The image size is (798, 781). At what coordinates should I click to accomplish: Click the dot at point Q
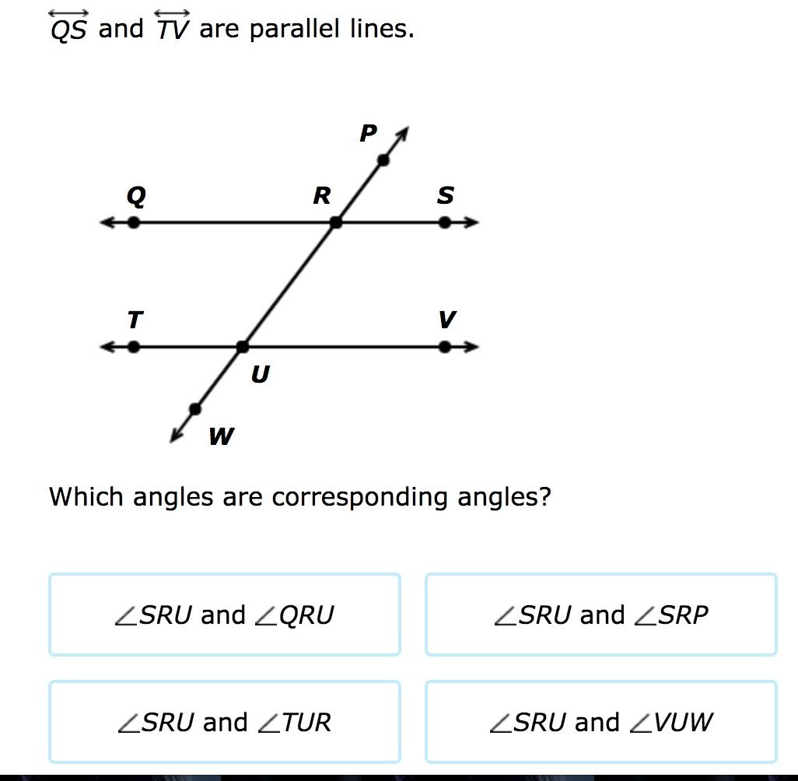click(x=134, y=222)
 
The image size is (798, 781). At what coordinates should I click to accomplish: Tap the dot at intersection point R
click(x=336, y=222)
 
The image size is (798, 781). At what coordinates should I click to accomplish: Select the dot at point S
click(x=444, y=222)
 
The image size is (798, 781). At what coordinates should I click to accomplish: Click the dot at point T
click(x=134, y=347)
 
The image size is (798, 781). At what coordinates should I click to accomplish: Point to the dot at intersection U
click(x=243, y=347)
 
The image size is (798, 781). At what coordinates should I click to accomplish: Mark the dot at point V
click(x=444, y=347)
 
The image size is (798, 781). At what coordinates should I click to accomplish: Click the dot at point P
click(x=383, y=160)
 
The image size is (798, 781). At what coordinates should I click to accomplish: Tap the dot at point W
click(x=195, y=408)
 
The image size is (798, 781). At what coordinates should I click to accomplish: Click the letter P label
click(x=368, y=134)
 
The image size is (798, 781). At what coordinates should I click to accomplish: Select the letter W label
click(x=221, y=437)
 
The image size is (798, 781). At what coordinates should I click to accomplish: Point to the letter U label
click(x=260, y=376)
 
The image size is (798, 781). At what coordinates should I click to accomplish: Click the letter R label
click(x=321, y=196)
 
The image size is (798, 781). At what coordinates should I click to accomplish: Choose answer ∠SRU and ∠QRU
click(x=224, y=615)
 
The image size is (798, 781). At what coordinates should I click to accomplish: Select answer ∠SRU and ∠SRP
click(x=600, y=615)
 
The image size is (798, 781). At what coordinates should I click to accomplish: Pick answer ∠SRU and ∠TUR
click(x=224, y=723)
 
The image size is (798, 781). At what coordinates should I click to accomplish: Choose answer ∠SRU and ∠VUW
click(x=600, y=723)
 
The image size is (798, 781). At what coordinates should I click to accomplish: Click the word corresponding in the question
click(x=360, y=496)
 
